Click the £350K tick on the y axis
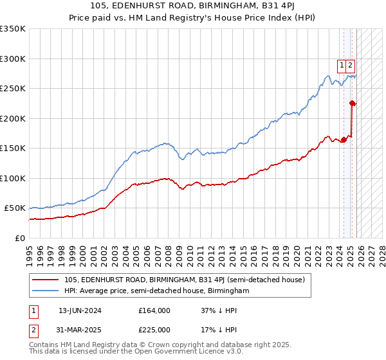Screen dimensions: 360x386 pos(13,29)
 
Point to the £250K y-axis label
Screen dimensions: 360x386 pos(13,89)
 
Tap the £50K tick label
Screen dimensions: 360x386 pos(15,208)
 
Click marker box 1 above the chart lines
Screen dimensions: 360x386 pos(342,64)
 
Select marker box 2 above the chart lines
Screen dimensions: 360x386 pos(350,64)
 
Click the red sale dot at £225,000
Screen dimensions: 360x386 pos(352,103)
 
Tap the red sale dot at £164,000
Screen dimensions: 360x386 pos(344,139)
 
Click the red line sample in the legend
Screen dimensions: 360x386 pos(45,280)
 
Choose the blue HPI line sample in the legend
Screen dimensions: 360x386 pos(45,291)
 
